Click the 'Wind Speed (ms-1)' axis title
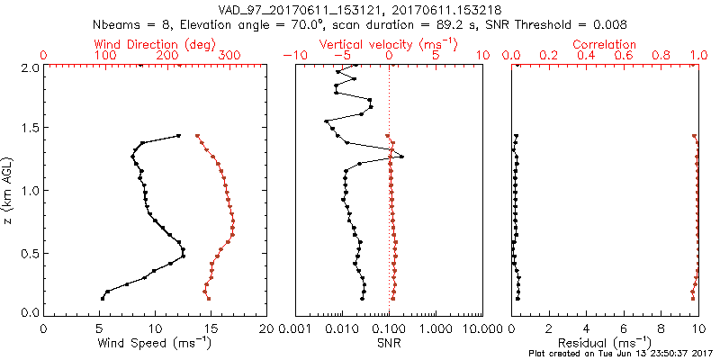[155, 342]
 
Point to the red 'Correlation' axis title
[605, 44]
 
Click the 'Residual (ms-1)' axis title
[605, 342]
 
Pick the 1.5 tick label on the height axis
[31, 129]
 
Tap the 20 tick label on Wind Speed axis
[266, 328]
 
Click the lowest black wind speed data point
[102, 298]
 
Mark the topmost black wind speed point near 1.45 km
[178, 136]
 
